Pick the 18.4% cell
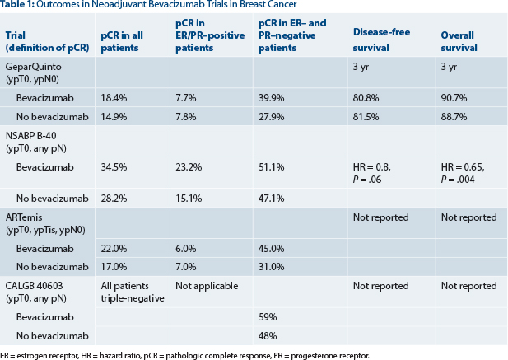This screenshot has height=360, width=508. pyautogui.click(x=115, y=97)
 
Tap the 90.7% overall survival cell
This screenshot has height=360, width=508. pyautogui.click(x=455, y=97)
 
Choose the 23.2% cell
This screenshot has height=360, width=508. pyautogui.click(x=192, y=166)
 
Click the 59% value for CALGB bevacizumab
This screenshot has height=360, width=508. pyautogui.click(x=268, y=316)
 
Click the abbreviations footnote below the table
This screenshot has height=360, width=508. pyautogui.click(x=185, y=354)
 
